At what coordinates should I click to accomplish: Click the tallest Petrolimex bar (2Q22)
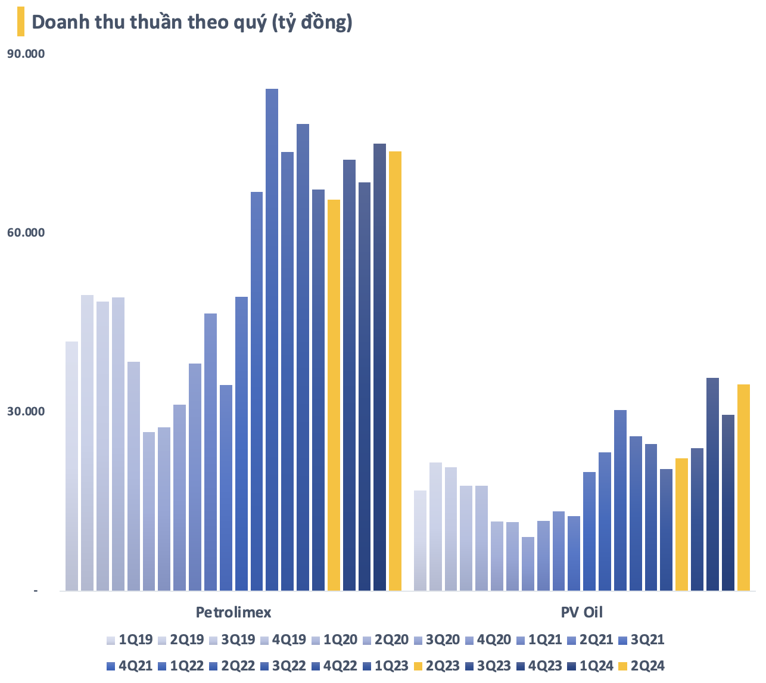[272, 340]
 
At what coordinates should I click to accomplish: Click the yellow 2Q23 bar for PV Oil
[681, 524]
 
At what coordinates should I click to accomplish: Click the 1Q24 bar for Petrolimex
[379, 367]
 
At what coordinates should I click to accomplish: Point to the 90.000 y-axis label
[26, 54]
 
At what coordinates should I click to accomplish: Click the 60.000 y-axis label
[26, 233]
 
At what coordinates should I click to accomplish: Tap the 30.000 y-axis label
[26, 412]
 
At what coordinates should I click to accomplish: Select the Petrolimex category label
[233, 613]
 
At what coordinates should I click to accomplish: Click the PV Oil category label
[581, 613]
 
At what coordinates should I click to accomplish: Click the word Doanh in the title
[57, 22]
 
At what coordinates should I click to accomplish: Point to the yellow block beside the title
[21, 21]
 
